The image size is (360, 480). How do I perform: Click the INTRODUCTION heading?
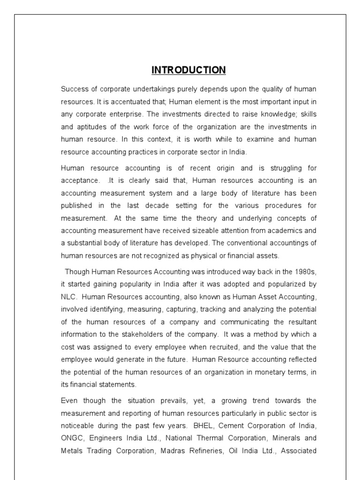(188, 70)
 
